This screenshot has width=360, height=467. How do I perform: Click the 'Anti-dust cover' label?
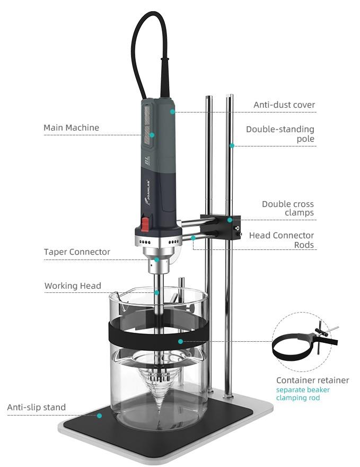tap(284, 105)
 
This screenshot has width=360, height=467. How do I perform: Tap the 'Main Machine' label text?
tap(71, 127)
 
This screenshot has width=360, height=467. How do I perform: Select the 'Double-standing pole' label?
tap(280, 134)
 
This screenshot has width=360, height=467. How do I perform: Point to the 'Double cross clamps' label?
tap(288, 208)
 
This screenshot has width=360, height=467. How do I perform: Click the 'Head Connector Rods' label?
tap(282, 240)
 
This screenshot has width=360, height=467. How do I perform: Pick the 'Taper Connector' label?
tap(77, 252)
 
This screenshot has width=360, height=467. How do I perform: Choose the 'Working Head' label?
tap(73, 286)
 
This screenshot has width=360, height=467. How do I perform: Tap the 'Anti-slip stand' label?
tap(37, 408)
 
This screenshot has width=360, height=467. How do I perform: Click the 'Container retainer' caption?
tap(312, 380)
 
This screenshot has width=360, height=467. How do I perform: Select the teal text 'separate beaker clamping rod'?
tap(303, 394)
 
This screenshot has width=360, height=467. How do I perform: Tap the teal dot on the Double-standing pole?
tap(232, 145)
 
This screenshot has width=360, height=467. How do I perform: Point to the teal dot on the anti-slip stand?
tap(99, 416)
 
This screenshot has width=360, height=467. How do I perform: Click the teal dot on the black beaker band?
tap(180, 341)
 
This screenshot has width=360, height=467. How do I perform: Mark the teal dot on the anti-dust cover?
tap(172, 111)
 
